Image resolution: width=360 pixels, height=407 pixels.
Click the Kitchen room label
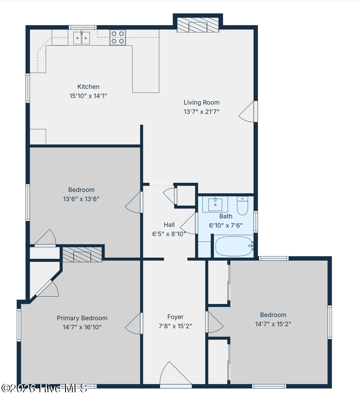88,87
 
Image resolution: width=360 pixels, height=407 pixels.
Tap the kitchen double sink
81,38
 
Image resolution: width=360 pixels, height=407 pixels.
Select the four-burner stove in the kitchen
118,37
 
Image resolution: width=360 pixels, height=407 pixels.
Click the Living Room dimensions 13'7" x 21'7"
202,112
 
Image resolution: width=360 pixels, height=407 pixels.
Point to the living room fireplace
198,25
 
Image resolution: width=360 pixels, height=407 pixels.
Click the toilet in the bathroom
242,206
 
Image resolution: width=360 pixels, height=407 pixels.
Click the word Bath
226,216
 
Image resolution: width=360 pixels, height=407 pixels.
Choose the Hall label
169,225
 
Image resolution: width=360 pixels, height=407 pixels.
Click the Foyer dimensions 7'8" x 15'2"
176,326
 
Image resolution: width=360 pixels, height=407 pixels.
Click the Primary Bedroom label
82,318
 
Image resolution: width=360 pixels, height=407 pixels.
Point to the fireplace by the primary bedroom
82,254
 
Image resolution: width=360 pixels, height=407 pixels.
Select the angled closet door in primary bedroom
47,289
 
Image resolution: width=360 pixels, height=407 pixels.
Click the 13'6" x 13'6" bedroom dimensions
81,199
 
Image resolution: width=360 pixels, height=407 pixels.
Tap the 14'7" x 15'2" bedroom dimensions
273,324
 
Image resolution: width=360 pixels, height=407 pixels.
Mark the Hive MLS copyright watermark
44,388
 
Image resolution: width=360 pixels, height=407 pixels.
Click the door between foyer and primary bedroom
134,323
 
